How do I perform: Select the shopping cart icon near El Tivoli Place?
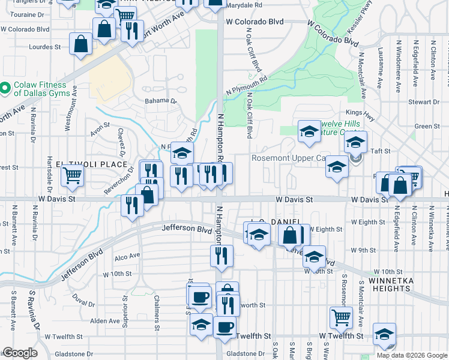(73, 175)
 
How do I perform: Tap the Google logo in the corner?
(19, 353)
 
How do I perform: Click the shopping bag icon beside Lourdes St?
(80, 43)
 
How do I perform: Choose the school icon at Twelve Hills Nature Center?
(309, 131)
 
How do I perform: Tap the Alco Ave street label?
(127, 255)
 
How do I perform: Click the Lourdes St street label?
(46, 46)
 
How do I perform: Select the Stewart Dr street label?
(428, 102)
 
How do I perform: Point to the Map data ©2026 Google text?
(412, 355)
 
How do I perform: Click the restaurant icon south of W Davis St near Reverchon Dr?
(131, 204)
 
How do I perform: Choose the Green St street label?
(427, 126)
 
